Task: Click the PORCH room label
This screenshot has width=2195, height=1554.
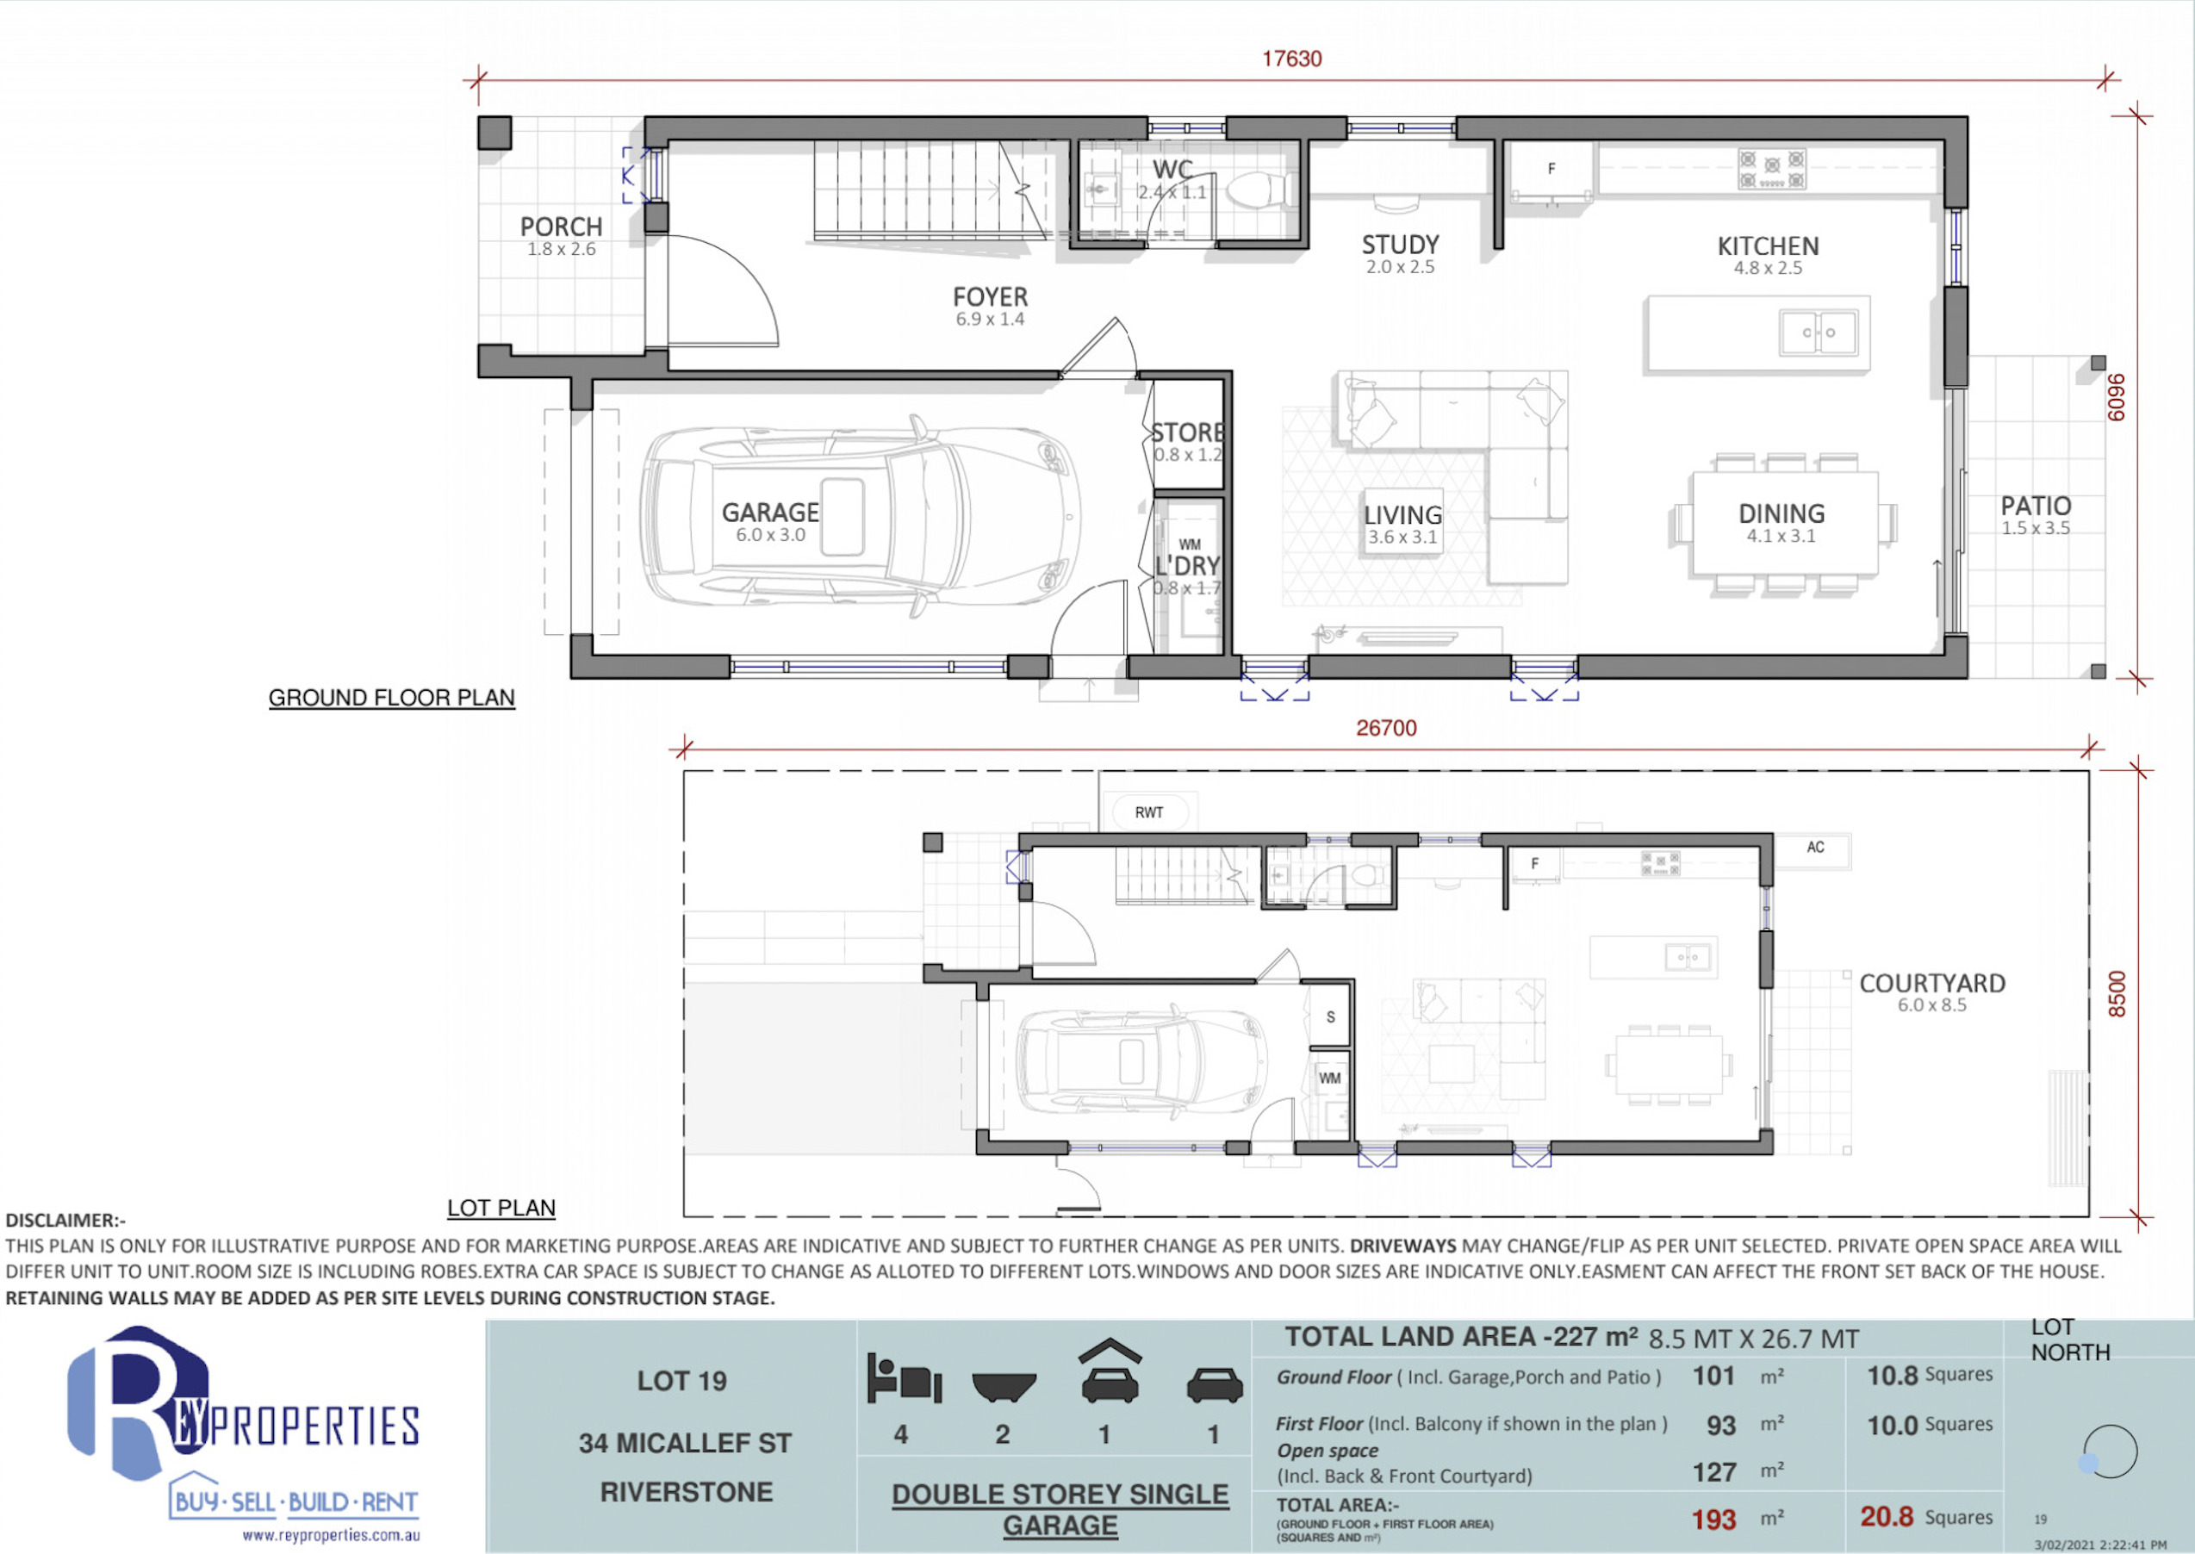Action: pyautogui.click(x=561, y=227)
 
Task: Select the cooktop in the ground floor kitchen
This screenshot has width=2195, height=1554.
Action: pyautogui.click(x=1772, y=170)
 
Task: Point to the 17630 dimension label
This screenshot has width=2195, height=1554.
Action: pyautogui.click(x=1291, y=59)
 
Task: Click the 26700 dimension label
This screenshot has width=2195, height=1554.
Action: pyautogui.click(x=1386, y=727)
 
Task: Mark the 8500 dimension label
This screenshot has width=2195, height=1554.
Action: pyautogui.click(x=2117, y=994)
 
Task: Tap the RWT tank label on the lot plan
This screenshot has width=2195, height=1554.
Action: pyautogui.click(x=1149, y=812)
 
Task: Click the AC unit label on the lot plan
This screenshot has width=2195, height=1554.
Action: pyautogui.click(x=1815, y=847)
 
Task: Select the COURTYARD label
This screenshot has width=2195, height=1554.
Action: pyautogui.click(x=1932, y=983)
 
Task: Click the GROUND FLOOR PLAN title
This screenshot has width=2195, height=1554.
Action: pyautogui.click(x=391, y=698)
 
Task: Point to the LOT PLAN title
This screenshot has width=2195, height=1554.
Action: pyautogui.click(x=501, y=1208)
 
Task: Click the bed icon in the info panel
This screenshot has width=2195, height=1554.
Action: pyautogui.click(x=905, y=1378)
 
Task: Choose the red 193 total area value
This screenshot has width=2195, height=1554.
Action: pyautogui.click(x=1713, y=1520)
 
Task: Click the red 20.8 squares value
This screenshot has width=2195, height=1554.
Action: pyautogui.click(x=1887, y=1517)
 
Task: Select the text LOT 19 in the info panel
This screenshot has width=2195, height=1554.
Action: pyautogui.click(x=682, y=1381)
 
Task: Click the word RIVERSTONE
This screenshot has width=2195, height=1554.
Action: pyautogui.click(x=686, y=1492)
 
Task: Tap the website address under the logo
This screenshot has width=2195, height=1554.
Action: pyautogui.click(x=331, y=1536)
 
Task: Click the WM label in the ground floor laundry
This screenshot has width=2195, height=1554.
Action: pyautogui.click(x=1190, y=544)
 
